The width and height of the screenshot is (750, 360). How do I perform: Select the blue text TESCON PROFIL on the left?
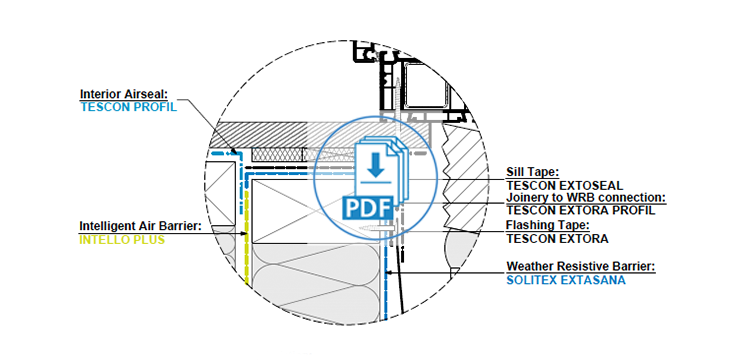point(127,106)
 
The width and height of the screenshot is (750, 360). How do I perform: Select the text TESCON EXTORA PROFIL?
point(581,210)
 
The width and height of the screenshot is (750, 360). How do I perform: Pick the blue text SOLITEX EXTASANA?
point(566,280)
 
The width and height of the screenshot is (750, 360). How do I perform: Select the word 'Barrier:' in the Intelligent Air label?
point(180,227)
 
